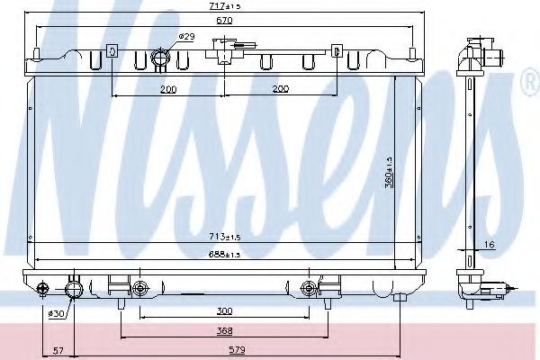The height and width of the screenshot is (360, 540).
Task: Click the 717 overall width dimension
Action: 224,6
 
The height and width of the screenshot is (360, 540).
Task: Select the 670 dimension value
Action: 224,21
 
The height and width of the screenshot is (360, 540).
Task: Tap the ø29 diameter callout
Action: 187,36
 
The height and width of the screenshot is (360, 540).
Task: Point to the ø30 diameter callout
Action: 56,313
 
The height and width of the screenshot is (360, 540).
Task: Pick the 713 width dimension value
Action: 224,237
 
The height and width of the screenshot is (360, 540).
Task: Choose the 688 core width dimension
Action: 224,254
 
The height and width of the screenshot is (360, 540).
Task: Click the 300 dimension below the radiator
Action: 224,310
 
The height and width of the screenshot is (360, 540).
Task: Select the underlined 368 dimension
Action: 224,330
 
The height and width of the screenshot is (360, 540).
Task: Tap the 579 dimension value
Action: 238,350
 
